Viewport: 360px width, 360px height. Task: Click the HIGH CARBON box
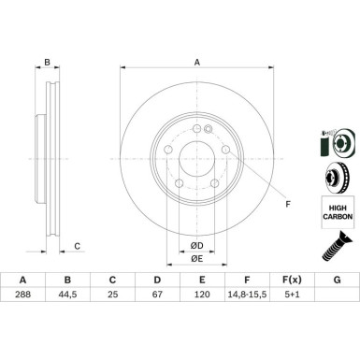pos(335,215)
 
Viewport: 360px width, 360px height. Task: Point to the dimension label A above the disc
pos(197,63)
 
